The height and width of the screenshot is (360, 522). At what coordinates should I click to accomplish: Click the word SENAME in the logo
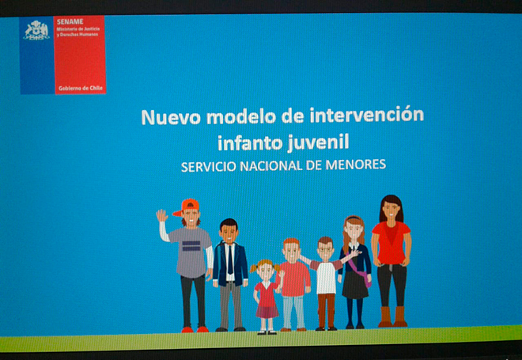(70, 22)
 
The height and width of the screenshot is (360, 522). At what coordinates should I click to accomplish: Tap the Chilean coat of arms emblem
(36, 30)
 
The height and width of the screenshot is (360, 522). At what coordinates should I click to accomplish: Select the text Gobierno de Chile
(80, 89)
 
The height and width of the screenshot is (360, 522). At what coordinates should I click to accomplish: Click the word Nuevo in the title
(171, 116)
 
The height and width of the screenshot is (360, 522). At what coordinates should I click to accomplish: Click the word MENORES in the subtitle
(356, 165)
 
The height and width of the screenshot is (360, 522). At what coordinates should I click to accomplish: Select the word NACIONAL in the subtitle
(270, 166)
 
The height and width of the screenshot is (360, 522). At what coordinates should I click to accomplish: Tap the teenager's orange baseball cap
(187, 207)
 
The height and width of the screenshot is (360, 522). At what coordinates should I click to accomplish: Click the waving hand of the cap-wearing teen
(162, 215)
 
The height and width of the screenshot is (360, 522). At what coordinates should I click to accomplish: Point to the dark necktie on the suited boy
(230, 260)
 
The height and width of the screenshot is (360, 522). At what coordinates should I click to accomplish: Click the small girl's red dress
(267, 300)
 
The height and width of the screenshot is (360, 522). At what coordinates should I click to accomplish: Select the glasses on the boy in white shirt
(325, 248)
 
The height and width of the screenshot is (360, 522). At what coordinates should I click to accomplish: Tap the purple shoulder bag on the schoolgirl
(361, 270)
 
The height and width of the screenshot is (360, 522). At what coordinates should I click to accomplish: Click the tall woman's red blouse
(391, 243)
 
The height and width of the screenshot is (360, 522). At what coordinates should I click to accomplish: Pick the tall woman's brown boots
(392, 316)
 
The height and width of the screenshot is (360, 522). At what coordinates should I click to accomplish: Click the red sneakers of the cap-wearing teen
(195, 329)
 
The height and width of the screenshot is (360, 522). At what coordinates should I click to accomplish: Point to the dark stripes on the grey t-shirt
(191, 246)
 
